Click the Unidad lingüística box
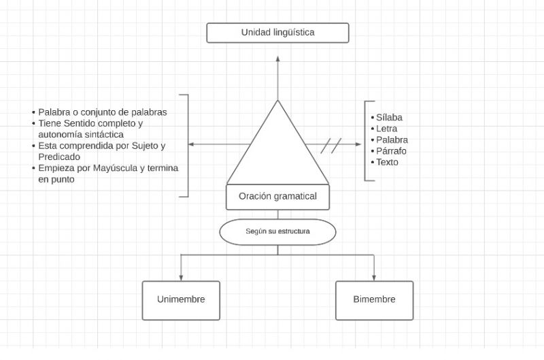pyautogui.click(x=277, y=33)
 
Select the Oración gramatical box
pyautogui.click(x=277, y=197)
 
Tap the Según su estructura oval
pyautogui.click(x=277, y=231)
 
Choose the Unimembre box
pyautogui.click(x=181, y=300)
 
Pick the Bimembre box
pyautogui.click(x=374, y=300)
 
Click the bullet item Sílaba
pyautogui.click(x=389, y=118)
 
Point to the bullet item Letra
pyautogui.click(x=386, y=129)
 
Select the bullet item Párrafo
pyautogui.click(x=391, y=151)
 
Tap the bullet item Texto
pyautogui.click(x=387, y=162)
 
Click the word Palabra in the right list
pyautogui.click(x=392, y=140)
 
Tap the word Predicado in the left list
pyautogui.click(x=59, y=157)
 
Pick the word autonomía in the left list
pyautogui.click(x=61, y=134)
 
